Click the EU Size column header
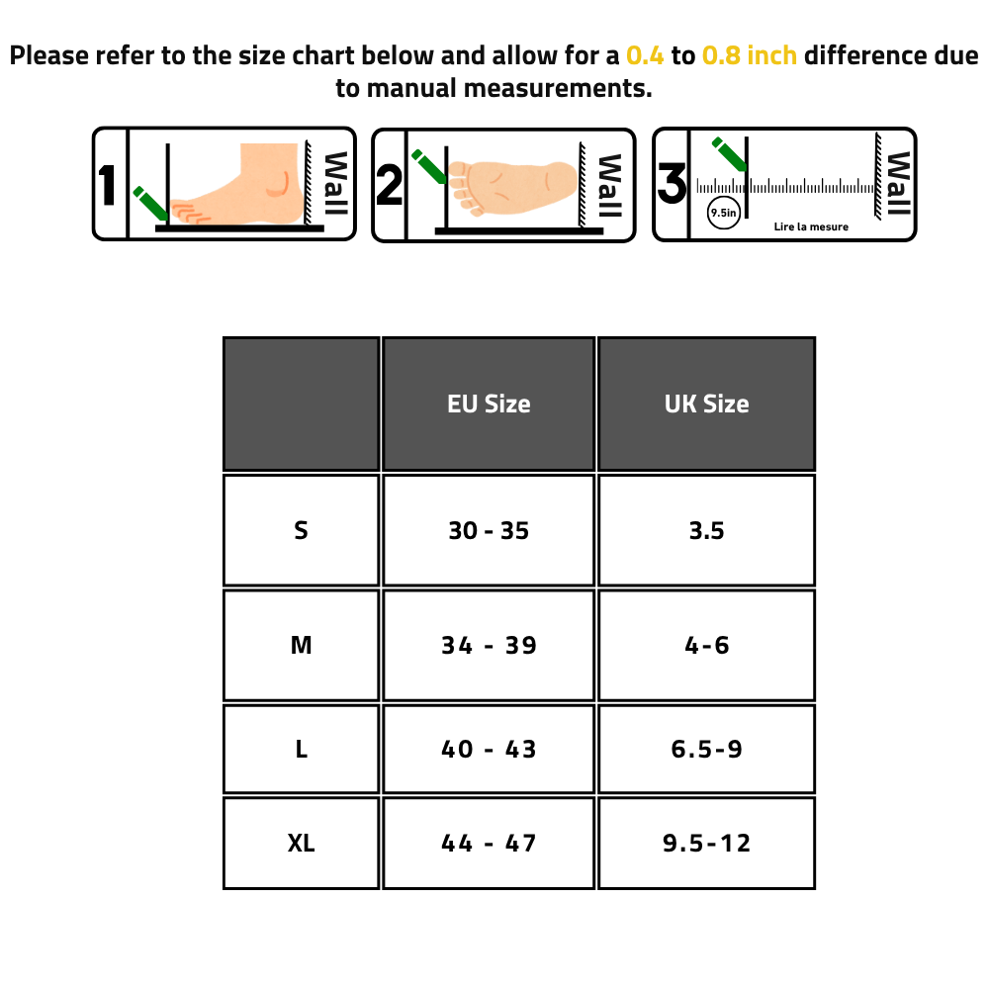tap(489, 404)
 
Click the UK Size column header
tap(706, 404)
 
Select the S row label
tap(301, 530)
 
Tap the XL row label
tap(301, 843)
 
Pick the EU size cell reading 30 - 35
tap(489, 530)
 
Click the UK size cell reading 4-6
tap(706, 645)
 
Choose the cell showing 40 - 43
tap(489, 749)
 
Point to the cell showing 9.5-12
tap(706, 843)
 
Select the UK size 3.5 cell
tap(706, 530)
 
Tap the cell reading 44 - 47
tap(489, 843)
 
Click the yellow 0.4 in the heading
tap(645, 55)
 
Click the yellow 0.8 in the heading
tap(721, 55)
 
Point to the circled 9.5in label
tap(724, 214)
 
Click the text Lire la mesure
tap(811, 226)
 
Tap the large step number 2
tap(389, 185)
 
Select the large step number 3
tap(672, 184)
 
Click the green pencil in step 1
tap(150, 203)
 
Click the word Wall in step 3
tap(898, 184)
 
